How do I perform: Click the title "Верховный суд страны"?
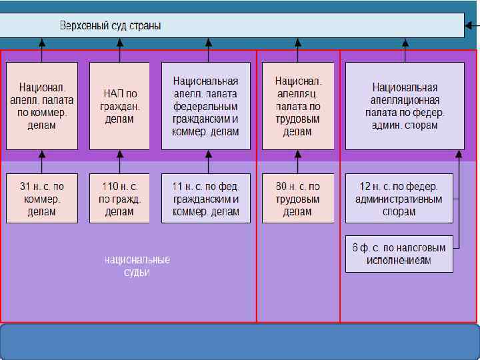pos(111,26)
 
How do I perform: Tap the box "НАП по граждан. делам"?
pos(119,106)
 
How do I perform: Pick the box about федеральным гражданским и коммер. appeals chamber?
pos(206,106)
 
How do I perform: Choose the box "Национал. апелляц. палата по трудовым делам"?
pos(298,106)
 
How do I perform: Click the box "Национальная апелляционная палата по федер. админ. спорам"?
pos(405,106)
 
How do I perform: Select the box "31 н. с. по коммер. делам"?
pos(42,199)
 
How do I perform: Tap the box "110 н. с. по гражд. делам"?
pos(119,199)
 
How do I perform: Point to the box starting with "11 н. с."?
pos(206,199)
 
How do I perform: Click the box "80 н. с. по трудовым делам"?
pos(298,199)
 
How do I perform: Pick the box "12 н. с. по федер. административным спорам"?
pos(399,199)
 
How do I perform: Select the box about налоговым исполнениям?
pos(399,253)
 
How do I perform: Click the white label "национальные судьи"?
pos(137,265)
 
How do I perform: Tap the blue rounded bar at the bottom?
pos(240,341)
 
